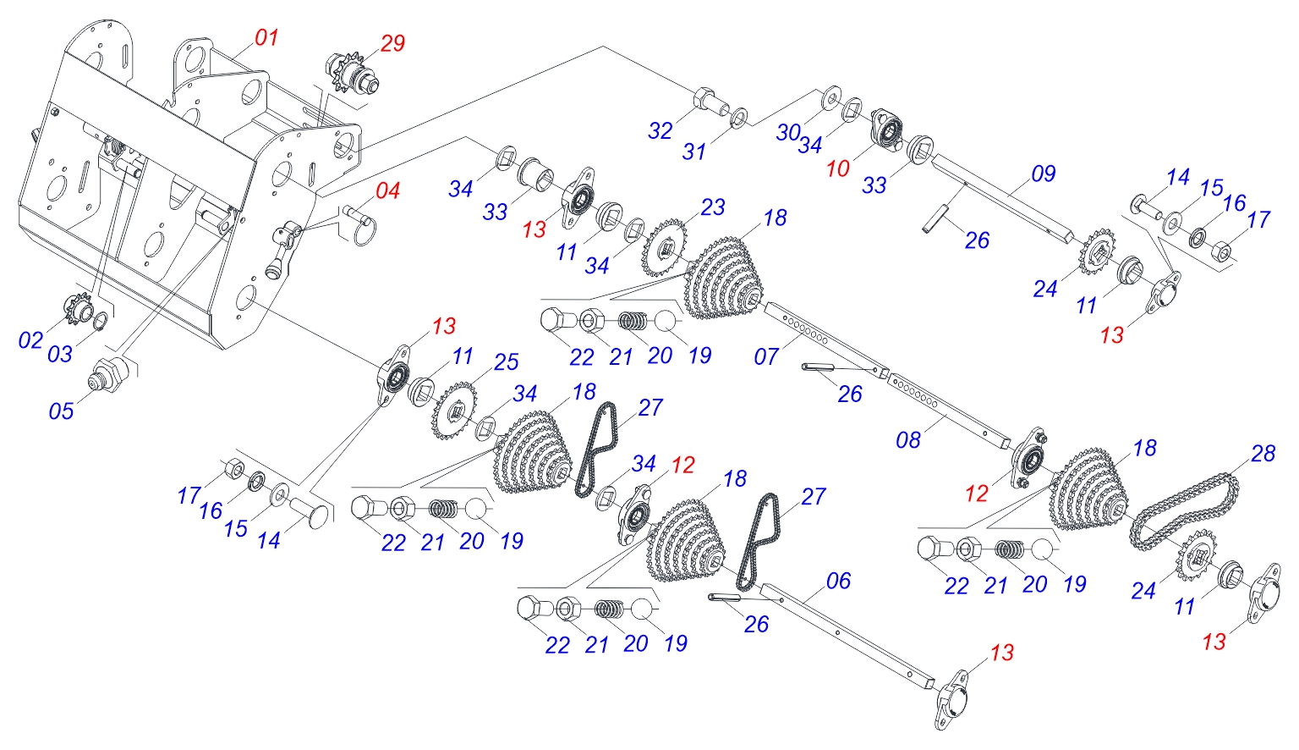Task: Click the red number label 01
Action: point(266,37)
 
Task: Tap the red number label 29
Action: point(392,43)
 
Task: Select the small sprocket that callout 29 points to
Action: point(349,73)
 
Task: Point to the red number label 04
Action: point(387,191)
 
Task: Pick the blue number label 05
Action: point(61,411)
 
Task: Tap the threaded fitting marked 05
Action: point(108,372)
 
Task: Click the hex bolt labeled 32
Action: point(709,101)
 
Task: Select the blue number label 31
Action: point(694,152)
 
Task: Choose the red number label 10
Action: point(837,169)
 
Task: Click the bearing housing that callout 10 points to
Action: point(888,129)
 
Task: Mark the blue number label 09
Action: point(1044,174)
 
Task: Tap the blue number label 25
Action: point(506,362)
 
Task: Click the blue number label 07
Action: point(766,356)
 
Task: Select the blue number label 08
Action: point(908,440)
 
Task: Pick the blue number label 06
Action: point(838,581)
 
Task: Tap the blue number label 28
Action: point(1263,454)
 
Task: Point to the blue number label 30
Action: point(788,132)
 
